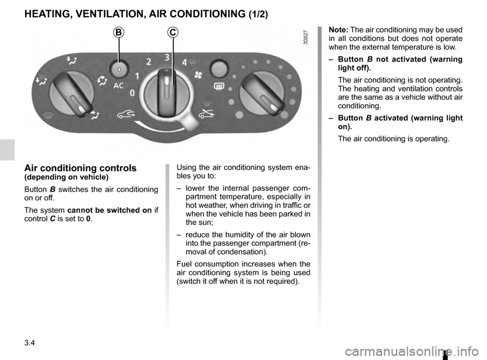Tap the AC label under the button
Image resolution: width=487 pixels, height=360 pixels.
tap(118, 86)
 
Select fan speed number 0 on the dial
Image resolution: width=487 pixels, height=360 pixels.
tap(132, 94)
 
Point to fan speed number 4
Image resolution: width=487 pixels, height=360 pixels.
tap(184, 63)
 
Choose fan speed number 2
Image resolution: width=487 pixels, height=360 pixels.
tap(149, 62)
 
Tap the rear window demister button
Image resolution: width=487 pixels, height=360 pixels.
tap(218, 68)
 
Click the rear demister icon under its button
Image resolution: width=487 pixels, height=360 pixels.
tap(219, 87)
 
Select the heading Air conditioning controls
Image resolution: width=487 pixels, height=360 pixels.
tap(80, 168)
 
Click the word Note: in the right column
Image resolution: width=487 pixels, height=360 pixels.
tap(338, 30)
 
